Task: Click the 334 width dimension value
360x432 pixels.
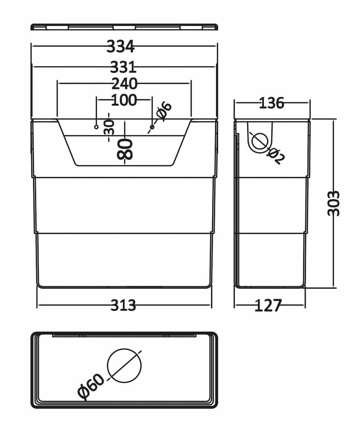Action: (120, 47)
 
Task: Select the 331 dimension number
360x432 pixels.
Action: (123, 67)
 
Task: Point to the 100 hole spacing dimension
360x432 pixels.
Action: (124, 100)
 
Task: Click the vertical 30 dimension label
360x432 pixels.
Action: (109, 127)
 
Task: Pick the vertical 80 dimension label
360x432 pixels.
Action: (124, 149)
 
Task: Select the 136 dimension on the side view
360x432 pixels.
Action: (271, 103)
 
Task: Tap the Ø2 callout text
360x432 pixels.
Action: (276, 156)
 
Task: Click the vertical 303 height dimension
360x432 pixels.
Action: (334, 203)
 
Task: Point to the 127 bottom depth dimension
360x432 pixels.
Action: (268, 306)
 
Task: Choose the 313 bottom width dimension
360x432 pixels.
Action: (123, 305)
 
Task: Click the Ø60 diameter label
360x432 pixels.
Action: (91, 387)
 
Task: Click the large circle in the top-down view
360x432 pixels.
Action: (124, 366)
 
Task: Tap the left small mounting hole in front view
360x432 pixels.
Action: (96, 127)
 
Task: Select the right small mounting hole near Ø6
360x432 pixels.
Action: (152, 127)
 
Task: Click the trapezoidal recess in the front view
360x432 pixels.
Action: (124, 150)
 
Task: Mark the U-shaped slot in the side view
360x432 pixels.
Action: (259, 138)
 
